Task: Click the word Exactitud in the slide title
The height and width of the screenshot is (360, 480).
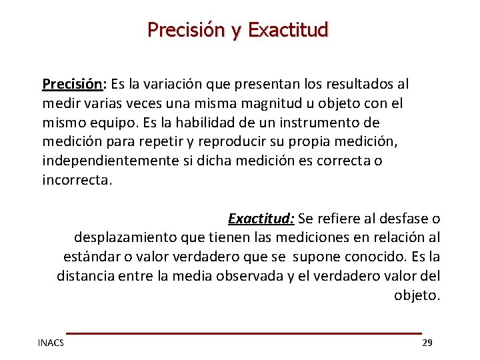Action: tap(288, 30)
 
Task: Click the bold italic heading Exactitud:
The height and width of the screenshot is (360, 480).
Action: tap(261, 219)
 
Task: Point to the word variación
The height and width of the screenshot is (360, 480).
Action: tap(176, 84)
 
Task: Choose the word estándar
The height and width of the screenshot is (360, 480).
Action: tap(91, 257)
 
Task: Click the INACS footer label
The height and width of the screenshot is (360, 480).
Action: tap(51, 343)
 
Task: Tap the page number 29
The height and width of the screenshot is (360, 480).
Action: tap(427, 343)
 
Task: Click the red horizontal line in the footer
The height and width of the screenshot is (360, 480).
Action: tap(244, 333)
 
